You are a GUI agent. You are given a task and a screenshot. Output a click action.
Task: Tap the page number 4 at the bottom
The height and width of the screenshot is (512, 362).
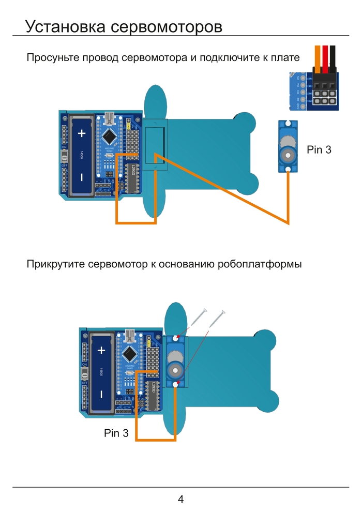[180, 499]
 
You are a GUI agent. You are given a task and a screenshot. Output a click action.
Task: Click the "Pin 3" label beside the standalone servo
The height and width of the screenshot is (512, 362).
[319, 150]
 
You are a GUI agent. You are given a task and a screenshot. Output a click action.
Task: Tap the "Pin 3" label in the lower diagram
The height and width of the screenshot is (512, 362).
[116, 433]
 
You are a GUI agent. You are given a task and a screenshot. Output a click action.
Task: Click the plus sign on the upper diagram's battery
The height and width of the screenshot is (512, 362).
[81, 133]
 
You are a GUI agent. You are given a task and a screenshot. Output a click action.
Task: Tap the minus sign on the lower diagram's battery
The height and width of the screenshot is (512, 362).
[101, 395]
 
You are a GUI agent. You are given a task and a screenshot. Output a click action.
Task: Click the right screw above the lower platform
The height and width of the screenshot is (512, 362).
[217, 318]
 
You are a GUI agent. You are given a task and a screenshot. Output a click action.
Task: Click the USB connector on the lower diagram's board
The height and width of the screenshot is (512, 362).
[130, 335]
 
